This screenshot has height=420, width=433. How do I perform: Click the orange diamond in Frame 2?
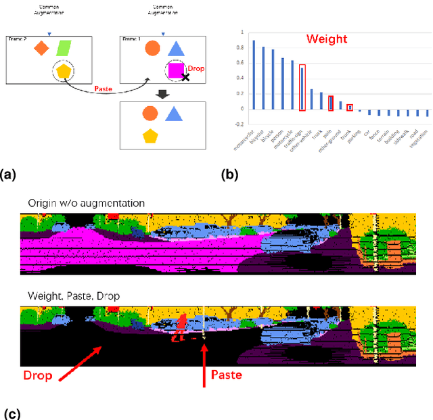point(41,48)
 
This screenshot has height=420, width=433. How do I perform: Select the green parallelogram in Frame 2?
point(64,48)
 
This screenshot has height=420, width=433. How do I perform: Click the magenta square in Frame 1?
point(176,70)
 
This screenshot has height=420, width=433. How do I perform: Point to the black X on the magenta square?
point(185,78)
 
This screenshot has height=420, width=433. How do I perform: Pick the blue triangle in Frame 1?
point(175,48)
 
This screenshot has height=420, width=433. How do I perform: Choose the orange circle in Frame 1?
point(152,48)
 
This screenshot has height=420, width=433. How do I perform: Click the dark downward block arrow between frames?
point(163,93)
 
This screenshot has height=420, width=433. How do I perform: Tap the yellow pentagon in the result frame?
point(150,136)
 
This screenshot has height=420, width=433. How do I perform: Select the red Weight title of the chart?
point(327,39)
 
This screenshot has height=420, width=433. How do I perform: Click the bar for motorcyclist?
point(254,74)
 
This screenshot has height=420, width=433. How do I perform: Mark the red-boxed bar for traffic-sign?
point(302,87)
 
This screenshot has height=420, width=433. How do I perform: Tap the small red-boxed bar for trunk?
point(350,107)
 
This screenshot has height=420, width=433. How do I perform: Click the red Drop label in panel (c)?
point(38,375)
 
